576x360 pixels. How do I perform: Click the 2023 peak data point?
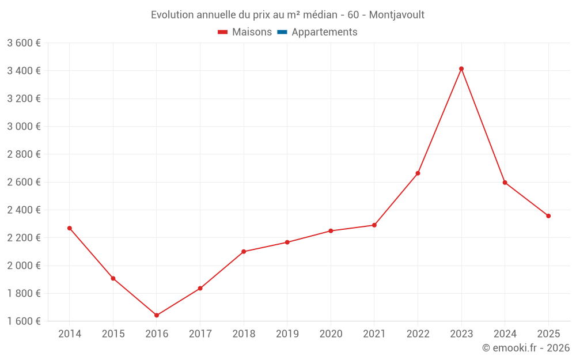click(x=461, y=69)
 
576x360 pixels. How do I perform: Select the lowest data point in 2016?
click(x=157, y=315)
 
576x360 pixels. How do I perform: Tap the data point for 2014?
click(x=70, y=228)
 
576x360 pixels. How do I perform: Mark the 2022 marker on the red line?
click(x=418, y=173)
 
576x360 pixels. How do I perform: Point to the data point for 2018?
click(x=244, y=252)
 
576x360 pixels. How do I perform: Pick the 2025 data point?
click(x=548, y=216)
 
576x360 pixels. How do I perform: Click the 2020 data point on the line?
click(x=331, y=231)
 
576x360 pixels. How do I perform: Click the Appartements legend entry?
click(x=324, y=32)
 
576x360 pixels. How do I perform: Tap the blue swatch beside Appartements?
click(x=282, y=32)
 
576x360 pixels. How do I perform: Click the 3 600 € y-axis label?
click(x=24, y=43)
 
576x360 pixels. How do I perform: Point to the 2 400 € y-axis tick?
click(x=24, y=210)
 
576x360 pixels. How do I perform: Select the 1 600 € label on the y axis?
click(x=24, y=321)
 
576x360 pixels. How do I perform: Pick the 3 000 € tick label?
click(x=24, y=127)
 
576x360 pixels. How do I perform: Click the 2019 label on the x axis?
click(x=287, y=334)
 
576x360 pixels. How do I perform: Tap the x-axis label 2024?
click(x=505, y=334)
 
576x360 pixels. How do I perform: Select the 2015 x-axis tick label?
click(x=113, y=334)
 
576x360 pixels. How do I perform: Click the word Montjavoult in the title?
click(x=396, y=15)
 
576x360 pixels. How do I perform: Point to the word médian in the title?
click(x=315, y=15)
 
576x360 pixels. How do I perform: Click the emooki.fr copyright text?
click(x=526, y=348)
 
